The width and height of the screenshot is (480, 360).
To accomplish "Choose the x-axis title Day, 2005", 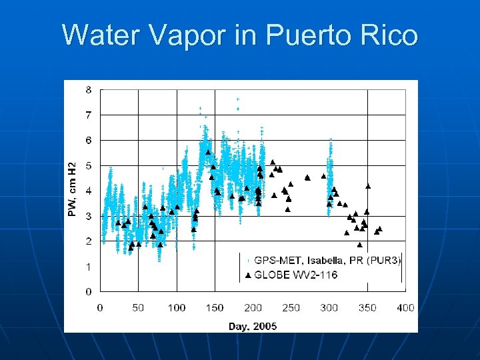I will [253, 326].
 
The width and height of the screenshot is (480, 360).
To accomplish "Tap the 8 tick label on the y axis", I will [89, 90].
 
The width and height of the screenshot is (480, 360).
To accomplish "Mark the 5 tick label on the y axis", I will [89, 166].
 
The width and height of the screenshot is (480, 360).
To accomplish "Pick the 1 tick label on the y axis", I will [89, 267].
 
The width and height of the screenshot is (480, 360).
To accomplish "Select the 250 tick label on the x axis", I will [291, 307].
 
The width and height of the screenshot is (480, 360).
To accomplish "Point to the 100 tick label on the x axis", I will [177, 307].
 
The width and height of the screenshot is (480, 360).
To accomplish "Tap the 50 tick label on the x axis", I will [138, 307].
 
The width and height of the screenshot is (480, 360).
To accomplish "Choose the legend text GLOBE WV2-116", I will [297, 275].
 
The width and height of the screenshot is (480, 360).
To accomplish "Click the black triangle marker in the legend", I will [247, 275].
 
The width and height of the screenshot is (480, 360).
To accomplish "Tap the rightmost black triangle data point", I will [379, 229].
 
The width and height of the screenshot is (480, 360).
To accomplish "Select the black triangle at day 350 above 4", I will [368, 186].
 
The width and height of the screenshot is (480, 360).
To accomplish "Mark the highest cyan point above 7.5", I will [238, 99].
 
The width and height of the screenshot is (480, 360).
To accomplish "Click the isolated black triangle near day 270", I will [307, 177].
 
